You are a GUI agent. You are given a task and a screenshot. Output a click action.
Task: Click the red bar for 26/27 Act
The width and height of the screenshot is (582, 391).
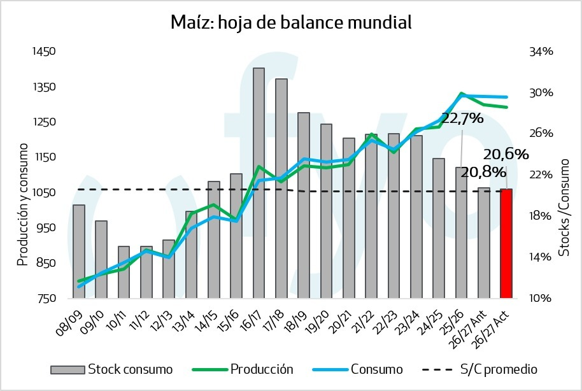(506, 244)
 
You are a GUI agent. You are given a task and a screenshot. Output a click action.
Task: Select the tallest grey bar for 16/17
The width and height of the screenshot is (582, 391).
(259, 183)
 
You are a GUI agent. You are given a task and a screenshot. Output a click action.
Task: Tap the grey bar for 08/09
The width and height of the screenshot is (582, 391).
(79, 252)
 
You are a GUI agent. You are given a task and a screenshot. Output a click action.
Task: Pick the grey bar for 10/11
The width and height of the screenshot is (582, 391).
(124, 272)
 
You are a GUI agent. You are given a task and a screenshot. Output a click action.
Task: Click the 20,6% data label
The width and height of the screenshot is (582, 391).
(506, 154)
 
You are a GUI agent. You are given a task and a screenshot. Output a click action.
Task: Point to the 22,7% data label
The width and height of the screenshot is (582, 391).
(462, 118)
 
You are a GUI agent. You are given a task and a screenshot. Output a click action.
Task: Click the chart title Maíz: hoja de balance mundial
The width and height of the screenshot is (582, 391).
(291, 22)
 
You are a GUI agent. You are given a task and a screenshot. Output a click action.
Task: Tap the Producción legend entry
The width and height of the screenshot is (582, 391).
(243, 369)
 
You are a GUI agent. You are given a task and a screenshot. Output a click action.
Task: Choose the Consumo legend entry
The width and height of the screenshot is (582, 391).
(358, 369)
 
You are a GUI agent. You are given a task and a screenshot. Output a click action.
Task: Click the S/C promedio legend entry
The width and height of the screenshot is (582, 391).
(479, 369)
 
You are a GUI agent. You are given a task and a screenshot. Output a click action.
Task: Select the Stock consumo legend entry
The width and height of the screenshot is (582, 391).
(111, 369)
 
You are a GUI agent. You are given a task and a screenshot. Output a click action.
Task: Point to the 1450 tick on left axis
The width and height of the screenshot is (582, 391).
(44, 51)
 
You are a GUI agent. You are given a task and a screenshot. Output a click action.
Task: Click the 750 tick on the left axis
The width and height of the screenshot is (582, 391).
(46, 299)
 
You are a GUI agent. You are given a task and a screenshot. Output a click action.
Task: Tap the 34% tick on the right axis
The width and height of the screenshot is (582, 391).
(541, 51)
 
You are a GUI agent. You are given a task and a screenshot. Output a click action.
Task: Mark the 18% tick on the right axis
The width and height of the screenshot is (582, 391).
(541, 216)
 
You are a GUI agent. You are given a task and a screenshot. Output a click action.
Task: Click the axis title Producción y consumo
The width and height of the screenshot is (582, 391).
(23, 204)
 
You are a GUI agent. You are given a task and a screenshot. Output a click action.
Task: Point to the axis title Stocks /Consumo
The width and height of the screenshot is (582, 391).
(564, 208)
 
